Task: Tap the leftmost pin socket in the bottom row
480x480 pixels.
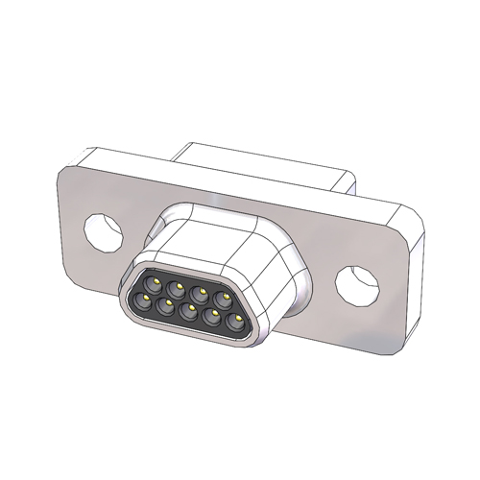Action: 143,302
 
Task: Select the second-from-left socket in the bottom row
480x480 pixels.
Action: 166,306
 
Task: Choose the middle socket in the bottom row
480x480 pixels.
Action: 189,310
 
